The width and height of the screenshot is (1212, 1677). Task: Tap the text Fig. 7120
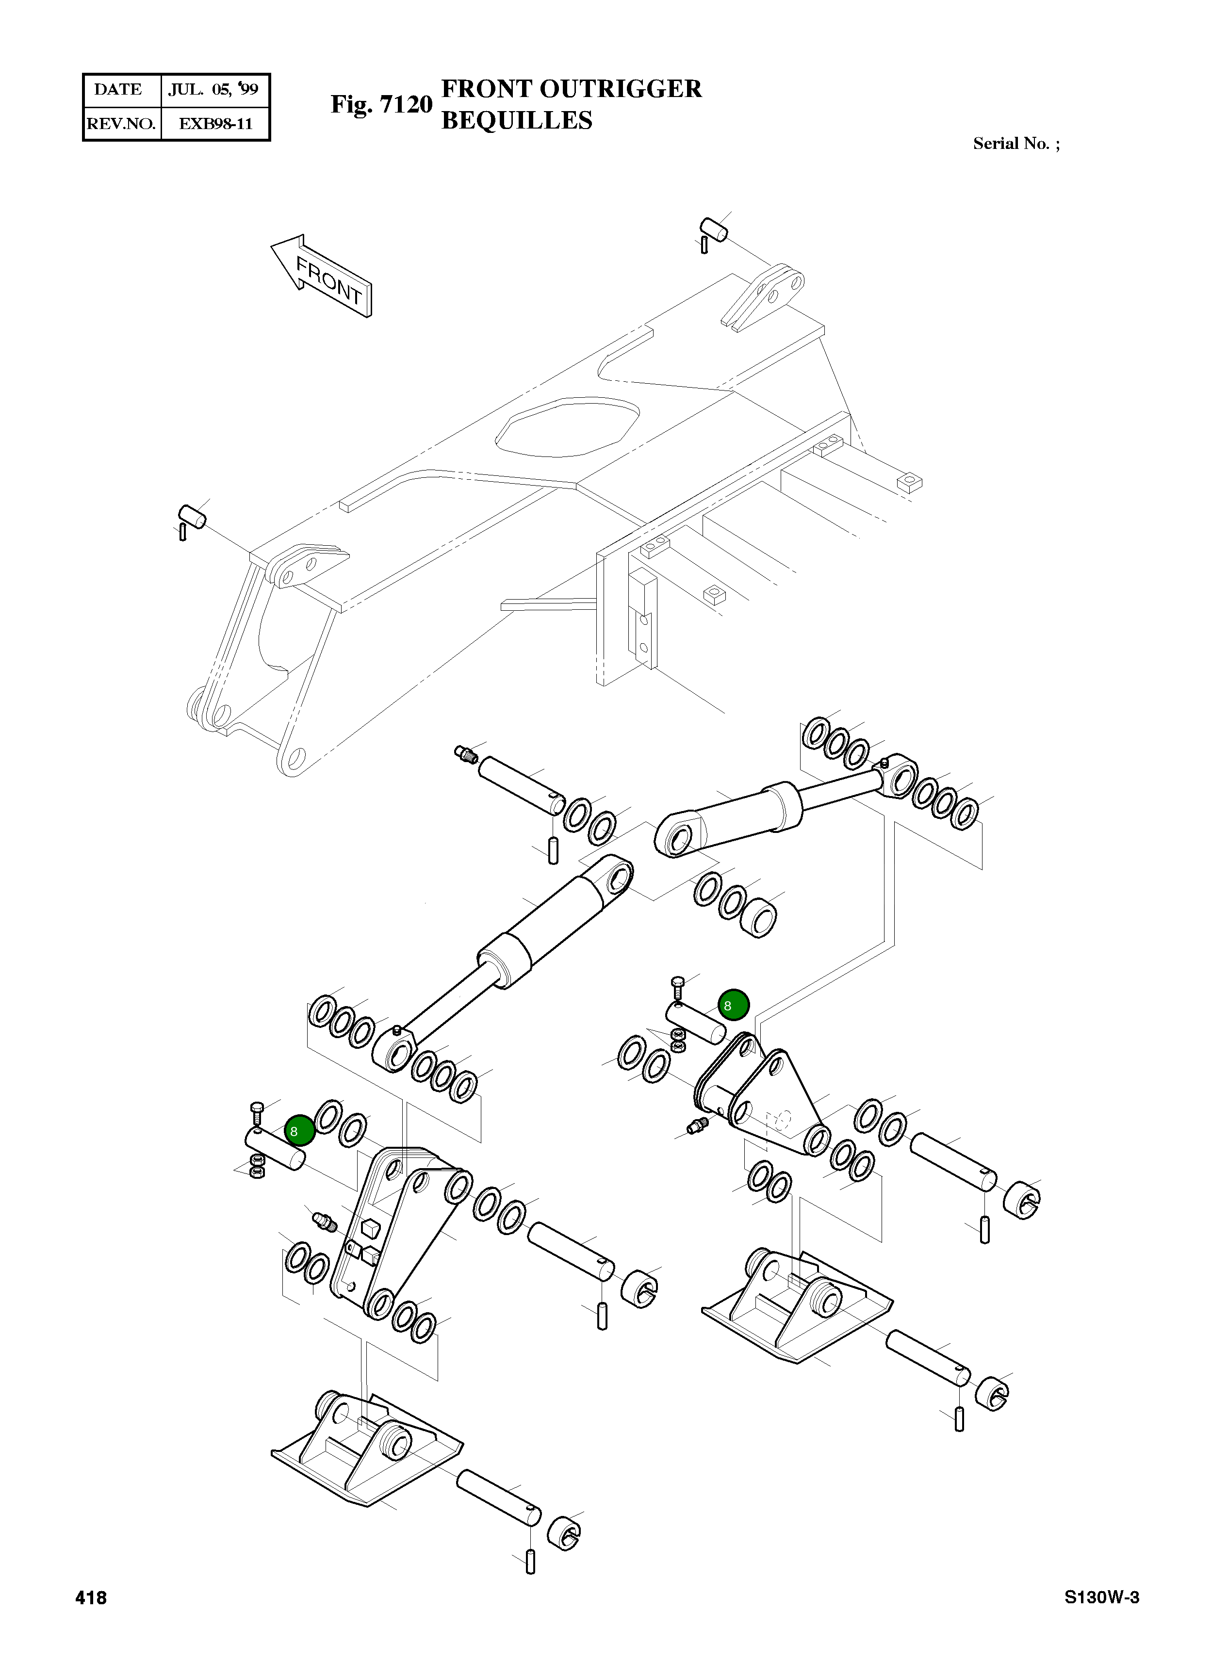381,104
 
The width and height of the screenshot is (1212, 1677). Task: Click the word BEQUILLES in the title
516,120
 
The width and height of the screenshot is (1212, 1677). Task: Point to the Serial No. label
1015,144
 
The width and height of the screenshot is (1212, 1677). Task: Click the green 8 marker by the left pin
299,1131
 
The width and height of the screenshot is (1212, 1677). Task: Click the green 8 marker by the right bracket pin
734,1005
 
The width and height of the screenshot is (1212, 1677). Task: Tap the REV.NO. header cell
120,124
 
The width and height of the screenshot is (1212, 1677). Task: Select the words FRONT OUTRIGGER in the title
571,89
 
